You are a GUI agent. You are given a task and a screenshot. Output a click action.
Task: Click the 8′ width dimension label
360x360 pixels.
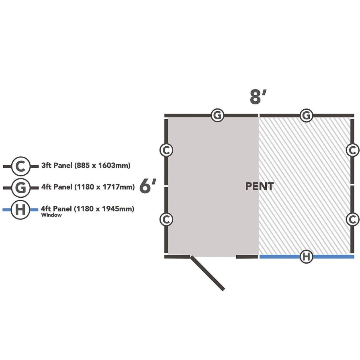point(258,97)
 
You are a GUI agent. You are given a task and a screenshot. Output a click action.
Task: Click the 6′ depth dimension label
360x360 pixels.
point(148,186)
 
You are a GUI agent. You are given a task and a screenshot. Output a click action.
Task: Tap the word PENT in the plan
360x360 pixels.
point(260,186)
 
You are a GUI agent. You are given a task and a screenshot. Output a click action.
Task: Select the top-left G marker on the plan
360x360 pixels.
point(217,115)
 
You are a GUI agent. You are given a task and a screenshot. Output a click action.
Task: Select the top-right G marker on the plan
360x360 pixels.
point(306,115)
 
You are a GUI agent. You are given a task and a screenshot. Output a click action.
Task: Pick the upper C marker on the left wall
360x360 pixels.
point(166,150)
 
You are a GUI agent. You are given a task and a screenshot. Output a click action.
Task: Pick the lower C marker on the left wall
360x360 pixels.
point(166,219)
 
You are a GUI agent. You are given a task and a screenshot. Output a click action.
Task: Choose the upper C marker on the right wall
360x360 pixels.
point(352,150)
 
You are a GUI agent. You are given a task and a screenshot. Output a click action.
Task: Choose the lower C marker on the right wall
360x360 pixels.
point(352,219)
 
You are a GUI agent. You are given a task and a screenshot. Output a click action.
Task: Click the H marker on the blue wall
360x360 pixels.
point(306,256)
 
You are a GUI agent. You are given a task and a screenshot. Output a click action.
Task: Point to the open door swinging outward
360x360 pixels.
point(207,273)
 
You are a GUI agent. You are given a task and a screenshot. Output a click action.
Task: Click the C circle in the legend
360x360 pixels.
point(20,166)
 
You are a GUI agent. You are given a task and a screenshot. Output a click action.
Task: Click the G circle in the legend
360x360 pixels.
point(20,188)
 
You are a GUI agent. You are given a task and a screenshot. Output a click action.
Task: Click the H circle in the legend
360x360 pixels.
point(20,210)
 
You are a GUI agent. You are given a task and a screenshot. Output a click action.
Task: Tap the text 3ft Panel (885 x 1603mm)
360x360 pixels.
point(86,165)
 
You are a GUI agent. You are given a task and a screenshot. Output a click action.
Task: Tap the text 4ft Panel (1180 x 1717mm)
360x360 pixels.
point(88,187)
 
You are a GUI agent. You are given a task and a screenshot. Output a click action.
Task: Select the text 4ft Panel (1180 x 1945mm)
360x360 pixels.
point(88,209)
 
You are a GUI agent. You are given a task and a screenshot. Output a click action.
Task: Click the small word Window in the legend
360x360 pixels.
point(51,215)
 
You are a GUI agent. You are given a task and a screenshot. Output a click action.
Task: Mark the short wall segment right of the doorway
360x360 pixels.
point(247,256)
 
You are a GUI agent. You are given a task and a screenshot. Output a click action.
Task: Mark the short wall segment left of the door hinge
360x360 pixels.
point(177,256)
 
